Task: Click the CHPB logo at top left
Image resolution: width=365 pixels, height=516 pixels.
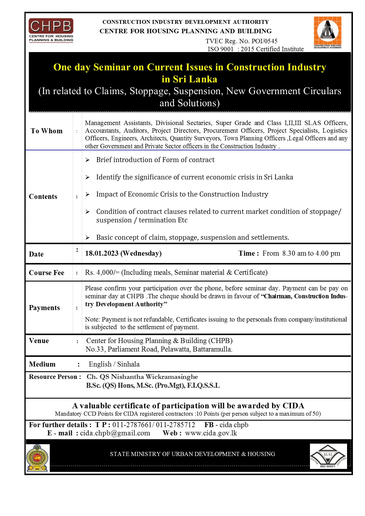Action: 51,31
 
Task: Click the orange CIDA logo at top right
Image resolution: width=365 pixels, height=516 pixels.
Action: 327,32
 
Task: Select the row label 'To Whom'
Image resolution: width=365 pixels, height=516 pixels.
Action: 47,131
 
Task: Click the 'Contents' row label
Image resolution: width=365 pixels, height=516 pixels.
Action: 43,197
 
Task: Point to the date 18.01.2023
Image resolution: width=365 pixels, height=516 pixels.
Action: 102,253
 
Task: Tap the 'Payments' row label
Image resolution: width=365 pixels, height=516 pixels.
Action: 44,308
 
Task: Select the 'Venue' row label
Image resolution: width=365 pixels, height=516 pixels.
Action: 39,341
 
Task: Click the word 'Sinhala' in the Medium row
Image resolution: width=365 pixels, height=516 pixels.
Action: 128,364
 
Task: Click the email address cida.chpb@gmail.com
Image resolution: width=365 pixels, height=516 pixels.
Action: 115,433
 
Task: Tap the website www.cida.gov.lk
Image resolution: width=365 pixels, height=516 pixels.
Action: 211,433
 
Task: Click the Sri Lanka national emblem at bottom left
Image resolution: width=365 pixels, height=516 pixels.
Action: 37,458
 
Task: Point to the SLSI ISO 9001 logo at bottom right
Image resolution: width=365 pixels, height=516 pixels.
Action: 328,456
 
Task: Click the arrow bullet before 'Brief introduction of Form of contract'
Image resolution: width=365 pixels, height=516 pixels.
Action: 87,160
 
